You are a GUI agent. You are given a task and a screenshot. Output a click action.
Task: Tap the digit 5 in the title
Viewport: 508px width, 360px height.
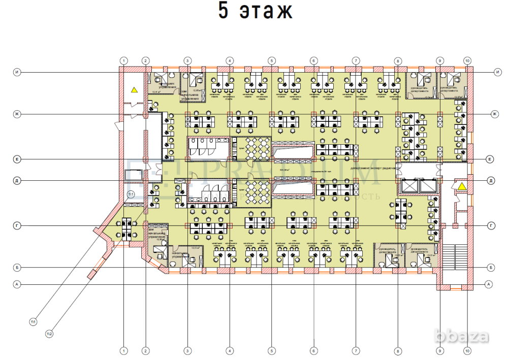[223, 11]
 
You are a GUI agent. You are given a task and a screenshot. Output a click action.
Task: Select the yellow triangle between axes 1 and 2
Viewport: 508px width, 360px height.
[134, 90]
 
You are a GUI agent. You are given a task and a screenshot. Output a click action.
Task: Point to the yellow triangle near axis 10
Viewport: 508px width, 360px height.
[462, 187]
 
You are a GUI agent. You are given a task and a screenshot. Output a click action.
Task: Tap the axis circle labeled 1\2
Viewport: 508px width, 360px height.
[50, 334]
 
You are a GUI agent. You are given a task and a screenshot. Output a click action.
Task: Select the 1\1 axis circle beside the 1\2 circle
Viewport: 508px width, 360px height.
[34, 321]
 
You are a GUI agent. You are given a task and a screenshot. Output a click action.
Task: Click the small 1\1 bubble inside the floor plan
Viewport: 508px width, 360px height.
[131, 194]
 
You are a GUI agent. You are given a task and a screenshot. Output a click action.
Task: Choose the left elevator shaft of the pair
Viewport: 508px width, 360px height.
[409, 186]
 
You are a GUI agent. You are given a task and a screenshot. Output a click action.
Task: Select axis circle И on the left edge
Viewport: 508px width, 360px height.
[17, 72]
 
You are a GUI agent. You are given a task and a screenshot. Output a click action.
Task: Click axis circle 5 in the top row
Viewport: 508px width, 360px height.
[272, 60]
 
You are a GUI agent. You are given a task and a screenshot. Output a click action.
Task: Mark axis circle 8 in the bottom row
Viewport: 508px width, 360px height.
[398, 350]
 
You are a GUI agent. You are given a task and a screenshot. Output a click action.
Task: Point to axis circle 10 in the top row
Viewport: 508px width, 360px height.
[467, 60]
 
